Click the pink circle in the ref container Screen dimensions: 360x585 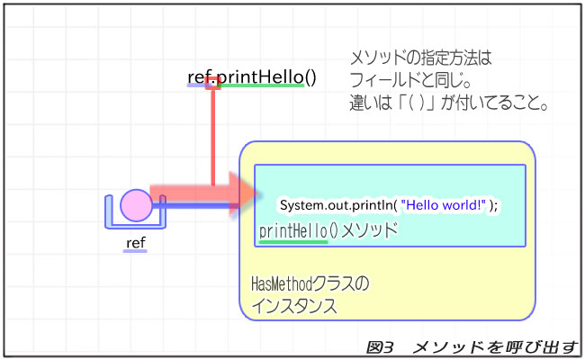coord(136,205)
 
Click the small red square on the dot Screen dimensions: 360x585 coord(213,83)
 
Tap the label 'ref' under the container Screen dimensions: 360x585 coord(135,242)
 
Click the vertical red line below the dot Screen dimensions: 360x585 coord(213,135)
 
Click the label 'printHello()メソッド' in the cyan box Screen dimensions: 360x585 coord(328,229)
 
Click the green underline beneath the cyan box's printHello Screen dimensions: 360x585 coord(293,241)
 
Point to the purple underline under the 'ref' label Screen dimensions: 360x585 coord(135,251)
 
